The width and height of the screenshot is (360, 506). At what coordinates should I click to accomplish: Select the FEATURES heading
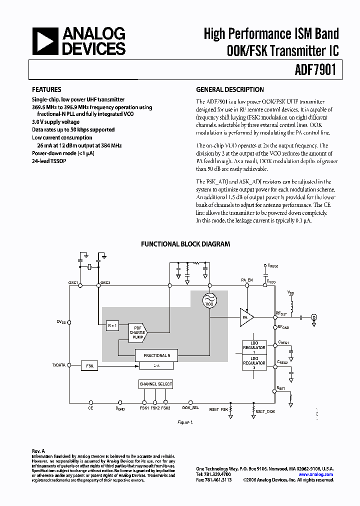46,90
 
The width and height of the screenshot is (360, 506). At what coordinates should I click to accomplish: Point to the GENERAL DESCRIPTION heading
229,90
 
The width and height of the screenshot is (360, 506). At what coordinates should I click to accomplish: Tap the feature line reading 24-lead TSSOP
49,161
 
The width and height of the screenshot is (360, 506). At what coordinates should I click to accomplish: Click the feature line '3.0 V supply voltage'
55,122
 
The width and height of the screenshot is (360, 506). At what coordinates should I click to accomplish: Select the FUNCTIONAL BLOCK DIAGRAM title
185,244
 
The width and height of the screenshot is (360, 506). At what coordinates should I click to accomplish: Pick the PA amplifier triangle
246,317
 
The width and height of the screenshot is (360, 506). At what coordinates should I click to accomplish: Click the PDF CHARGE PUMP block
137,332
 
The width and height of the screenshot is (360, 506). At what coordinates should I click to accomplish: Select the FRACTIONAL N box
157,355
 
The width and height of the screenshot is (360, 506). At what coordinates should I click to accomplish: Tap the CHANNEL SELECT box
155,384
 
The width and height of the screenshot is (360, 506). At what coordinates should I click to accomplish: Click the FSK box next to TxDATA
90,366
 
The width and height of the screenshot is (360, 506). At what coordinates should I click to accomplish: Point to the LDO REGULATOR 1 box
254,347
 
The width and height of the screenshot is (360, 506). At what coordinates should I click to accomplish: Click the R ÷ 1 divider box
112,326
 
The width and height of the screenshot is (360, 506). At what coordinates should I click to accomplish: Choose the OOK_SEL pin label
190,408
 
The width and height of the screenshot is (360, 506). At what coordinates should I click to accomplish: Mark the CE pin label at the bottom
90,408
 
